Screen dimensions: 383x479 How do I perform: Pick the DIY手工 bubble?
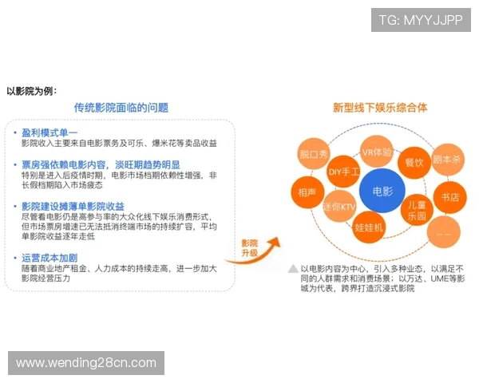click(344, 171)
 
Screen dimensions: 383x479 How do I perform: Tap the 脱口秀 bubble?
click(314, 154)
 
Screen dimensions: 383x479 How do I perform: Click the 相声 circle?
click(307, 192)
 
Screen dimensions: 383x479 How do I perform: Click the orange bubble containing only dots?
click(444, 231)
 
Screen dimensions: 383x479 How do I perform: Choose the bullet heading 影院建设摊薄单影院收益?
click(73, 206)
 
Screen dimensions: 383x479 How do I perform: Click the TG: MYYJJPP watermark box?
click(421, 20)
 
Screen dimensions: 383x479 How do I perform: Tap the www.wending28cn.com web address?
click(86, 363)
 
